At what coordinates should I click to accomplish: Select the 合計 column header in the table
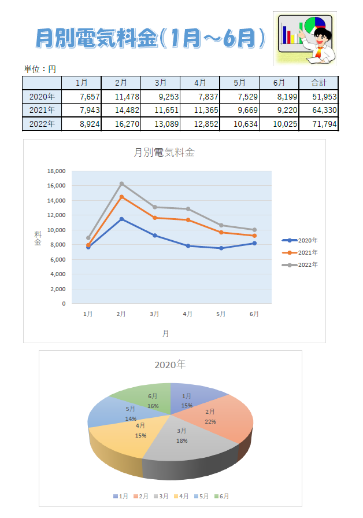pos(318,83)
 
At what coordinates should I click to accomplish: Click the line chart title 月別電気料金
pos(164,153)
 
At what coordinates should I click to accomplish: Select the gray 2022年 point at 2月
pos(121,183)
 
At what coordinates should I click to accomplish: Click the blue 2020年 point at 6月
pos(254,243)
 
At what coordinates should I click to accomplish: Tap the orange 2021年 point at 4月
pos(188,220)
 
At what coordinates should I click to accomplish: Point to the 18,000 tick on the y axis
pos(56,171)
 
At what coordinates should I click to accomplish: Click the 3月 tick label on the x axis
pos(154,314)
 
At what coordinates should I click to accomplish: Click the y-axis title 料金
pos(38,238)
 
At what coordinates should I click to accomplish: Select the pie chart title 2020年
pos(170,365)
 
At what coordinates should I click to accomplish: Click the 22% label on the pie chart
pos(210,421)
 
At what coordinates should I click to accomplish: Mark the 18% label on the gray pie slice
pos(181,440)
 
